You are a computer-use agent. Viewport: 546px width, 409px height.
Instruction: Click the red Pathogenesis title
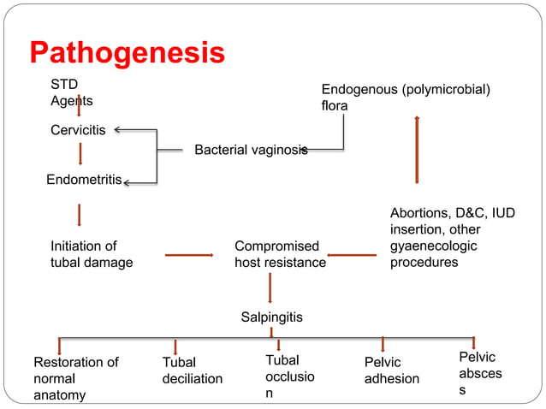tap(128, 53)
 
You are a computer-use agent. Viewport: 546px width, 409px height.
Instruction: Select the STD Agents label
tap(72, 92)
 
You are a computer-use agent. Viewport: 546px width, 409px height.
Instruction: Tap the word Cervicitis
tap(78, 131)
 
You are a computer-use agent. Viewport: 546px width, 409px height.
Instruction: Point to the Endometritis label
tap(84, 181)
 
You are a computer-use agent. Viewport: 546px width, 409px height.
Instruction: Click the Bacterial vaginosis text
tap(250, 150)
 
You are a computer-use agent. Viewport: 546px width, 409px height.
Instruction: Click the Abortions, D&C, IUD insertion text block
tap(453, 238)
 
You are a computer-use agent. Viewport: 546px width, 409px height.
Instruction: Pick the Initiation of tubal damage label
tap(92, 254)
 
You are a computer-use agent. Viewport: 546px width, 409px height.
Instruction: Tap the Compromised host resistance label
tap(280, 254)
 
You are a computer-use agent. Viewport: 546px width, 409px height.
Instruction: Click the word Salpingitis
tap(271, 317)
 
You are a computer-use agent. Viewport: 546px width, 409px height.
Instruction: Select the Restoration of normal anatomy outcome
tap(75, 378)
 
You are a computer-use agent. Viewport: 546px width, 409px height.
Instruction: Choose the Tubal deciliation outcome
tap(192, 370)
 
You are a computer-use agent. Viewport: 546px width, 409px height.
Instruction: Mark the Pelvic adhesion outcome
tap(391, 370)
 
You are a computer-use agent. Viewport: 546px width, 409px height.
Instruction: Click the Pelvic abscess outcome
tap(480, 373)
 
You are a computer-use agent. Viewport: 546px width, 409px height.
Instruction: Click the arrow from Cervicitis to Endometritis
tap(80, 154)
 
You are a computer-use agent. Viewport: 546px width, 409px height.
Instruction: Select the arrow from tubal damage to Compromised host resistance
tap(188, 254)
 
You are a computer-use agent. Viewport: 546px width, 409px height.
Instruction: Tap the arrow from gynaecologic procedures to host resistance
tap(352, 254)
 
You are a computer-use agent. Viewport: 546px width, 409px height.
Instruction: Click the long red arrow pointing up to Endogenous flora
tap(417, 150)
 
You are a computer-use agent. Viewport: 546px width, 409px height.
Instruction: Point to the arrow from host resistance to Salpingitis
tap(270, 287)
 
